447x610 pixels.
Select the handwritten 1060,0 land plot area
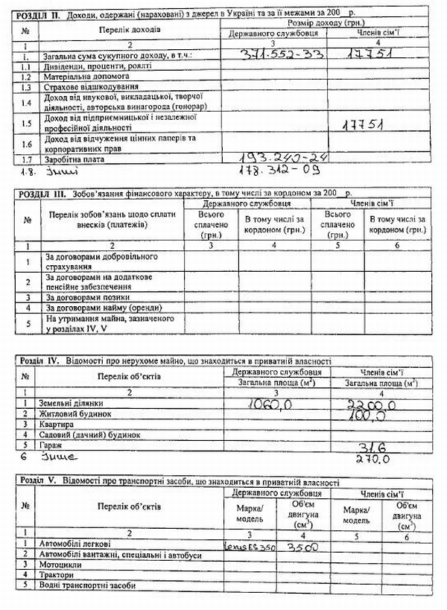(x=272, y=404)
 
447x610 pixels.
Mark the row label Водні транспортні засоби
(x=92, y=586)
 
